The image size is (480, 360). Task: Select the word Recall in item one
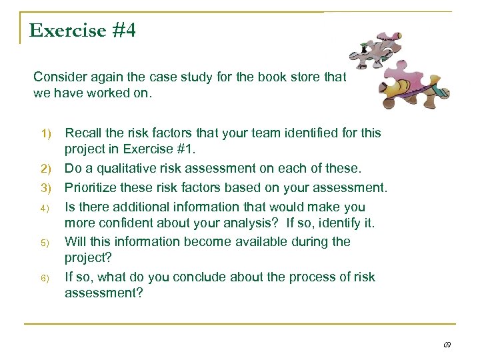(x=83, y=133)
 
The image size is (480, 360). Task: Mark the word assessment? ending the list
(x=104, y=293)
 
